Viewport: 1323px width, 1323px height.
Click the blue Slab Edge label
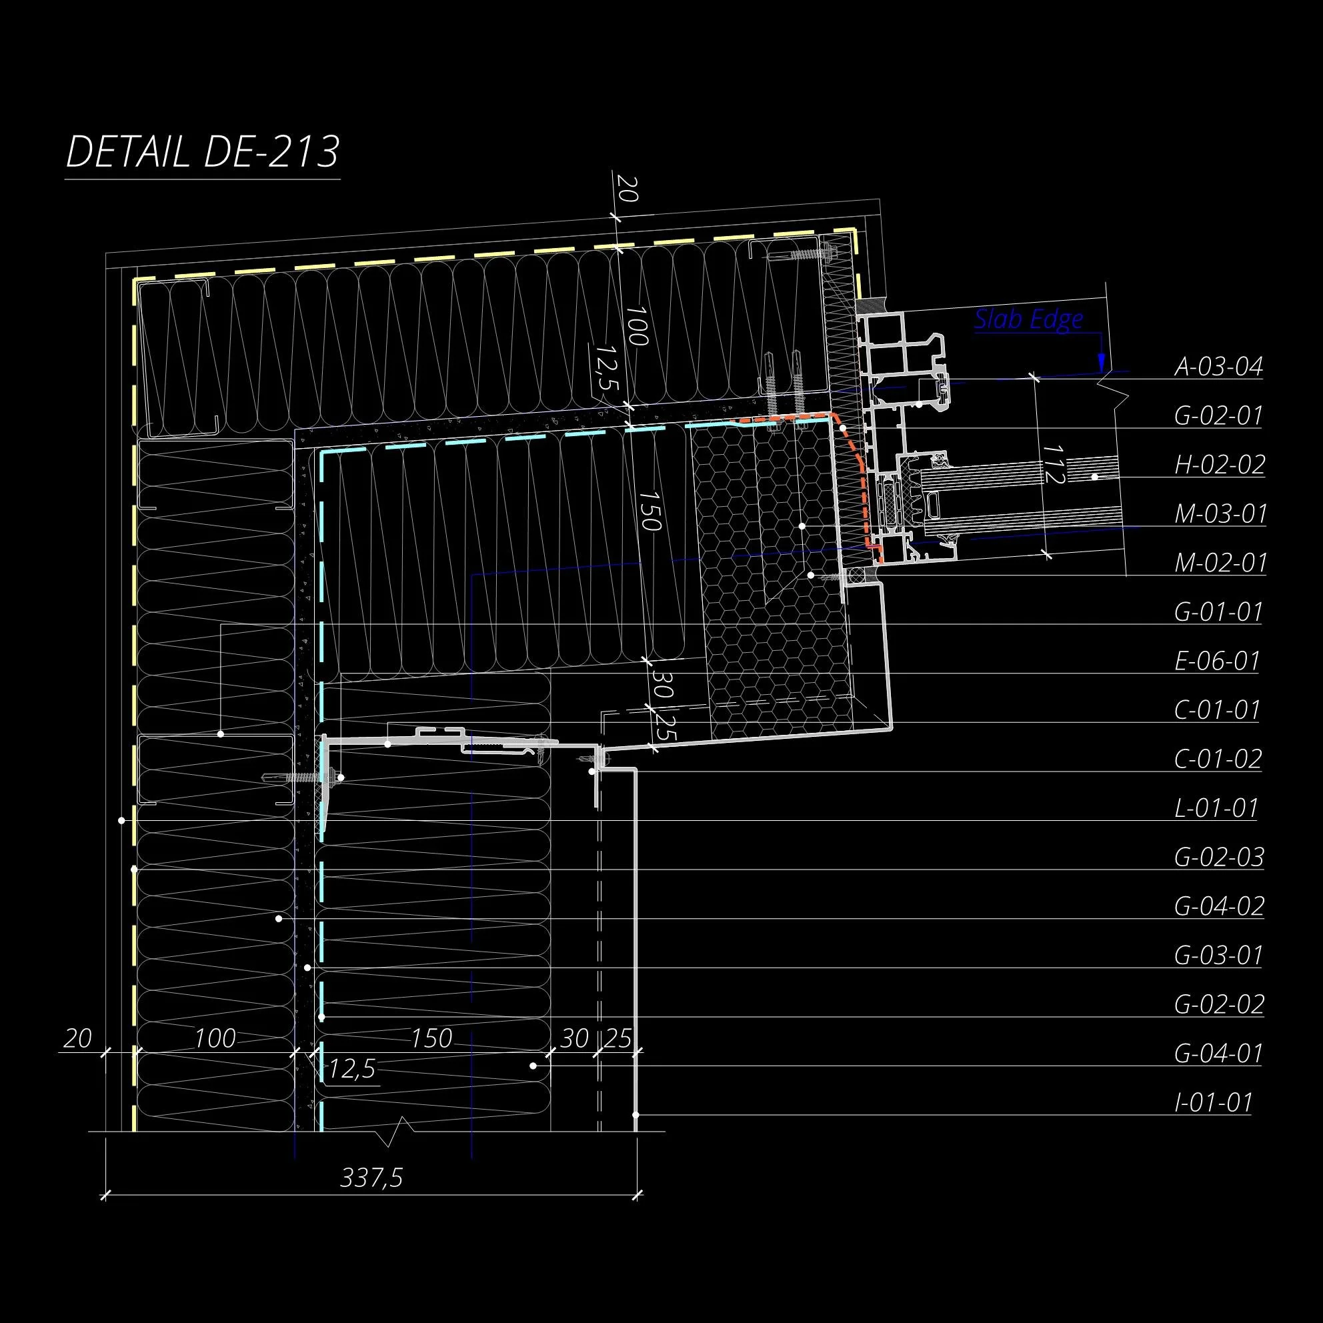click(x=1028, y=319)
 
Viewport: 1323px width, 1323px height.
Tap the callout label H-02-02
click(x=1220, y=465)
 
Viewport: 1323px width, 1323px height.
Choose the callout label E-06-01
click(x=1218, y=661)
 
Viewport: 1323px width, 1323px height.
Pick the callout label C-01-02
click(x=1218, y=759)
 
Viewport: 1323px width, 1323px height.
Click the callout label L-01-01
click(x=1216, y=808)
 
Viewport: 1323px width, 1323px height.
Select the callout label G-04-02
click(x=1219, y=906)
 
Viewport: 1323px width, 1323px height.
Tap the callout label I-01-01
click(x=1213, y=1102)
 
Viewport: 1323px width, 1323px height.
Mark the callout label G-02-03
click(x=1219, y=858)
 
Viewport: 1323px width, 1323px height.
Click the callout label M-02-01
click(x=1220, y=563)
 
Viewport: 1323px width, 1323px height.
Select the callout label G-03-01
click(x=1218, y=956)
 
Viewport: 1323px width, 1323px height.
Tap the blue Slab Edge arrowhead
click(x=1101, y=361)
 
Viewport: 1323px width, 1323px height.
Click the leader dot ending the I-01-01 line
click(x=636, y=1115)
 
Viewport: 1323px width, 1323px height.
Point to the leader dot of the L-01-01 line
click(x=121, y=820)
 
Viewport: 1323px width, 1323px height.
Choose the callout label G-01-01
click(x=1218, y=611)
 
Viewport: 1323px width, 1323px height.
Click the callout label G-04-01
click(x=1218, y=1053)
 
